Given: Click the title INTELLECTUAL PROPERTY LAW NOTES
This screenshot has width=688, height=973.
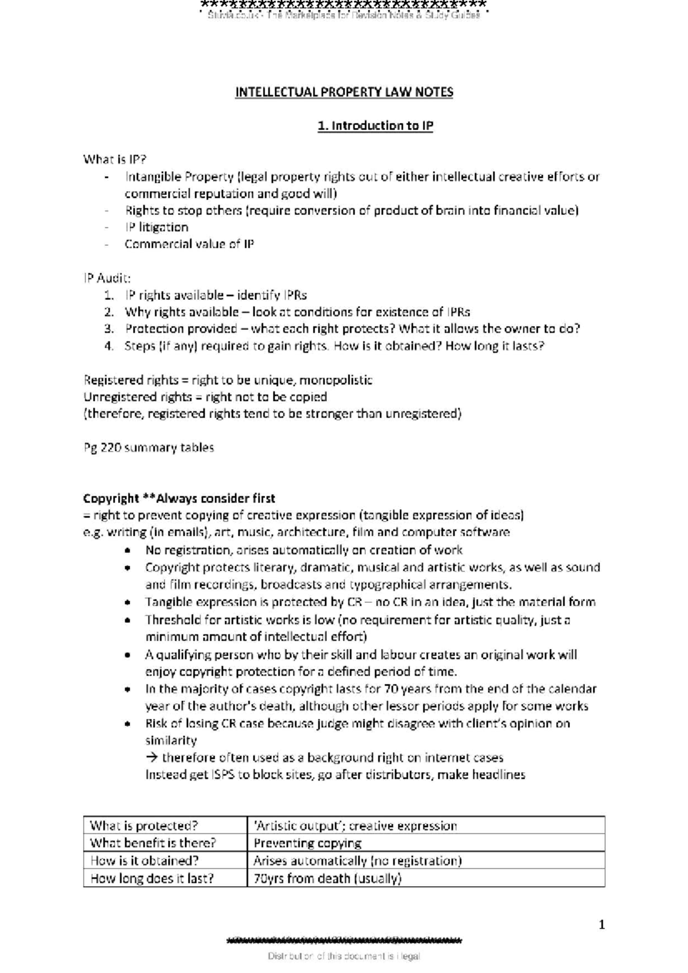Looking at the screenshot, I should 344,92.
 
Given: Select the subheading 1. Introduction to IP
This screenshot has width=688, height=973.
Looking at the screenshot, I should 376,125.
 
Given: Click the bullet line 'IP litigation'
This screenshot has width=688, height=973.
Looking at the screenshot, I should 157,227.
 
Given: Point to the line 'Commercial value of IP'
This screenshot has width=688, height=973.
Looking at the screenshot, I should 189,244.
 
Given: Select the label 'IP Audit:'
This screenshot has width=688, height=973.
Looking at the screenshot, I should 107,278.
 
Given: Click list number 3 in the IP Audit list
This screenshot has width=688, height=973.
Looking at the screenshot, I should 109,329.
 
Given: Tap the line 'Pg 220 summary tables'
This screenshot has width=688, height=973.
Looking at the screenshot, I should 148,448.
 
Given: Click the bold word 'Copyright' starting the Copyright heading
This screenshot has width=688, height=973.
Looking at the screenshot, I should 111,498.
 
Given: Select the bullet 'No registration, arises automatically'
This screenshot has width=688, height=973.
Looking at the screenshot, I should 304,550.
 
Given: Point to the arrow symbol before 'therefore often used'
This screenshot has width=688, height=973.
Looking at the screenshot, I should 152,758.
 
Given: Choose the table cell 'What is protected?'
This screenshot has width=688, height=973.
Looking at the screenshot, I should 144,826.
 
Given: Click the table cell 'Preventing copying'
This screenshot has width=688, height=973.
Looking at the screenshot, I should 307,843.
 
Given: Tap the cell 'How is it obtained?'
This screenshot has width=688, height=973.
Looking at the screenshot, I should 144,861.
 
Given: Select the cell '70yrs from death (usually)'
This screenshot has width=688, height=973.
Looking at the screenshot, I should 327,878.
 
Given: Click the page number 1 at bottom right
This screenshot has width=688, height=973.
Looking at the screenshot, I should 601,924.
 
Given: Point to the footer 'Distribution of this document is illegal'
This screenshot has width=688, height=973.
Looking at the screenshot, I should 344,956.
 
